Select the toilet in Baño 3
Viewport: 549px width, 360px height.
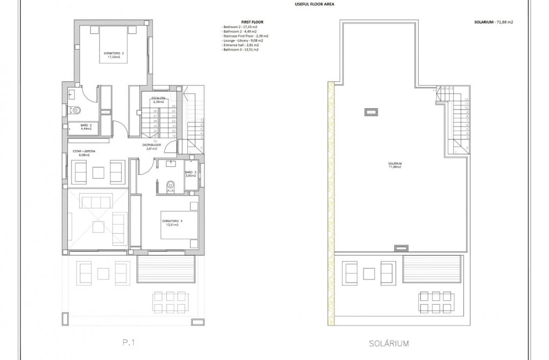tap(171, 186)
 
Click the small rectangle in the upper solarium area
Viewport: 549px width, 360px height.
tap(371, 112)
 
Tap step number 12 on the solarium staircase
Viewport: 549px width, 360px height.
tap(466, 100)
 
